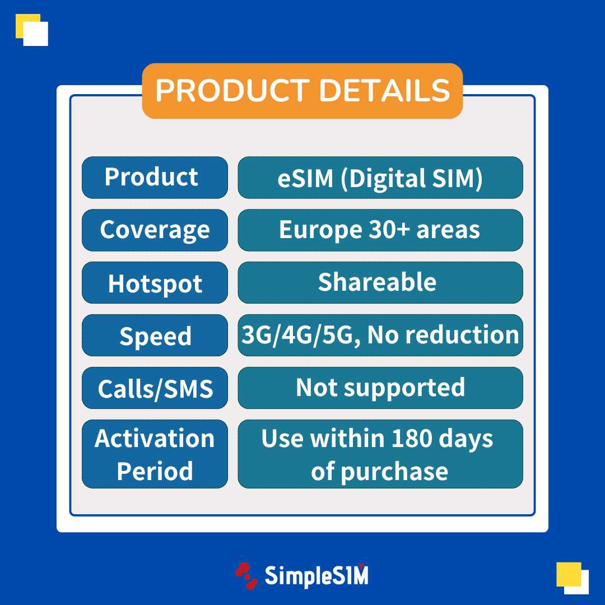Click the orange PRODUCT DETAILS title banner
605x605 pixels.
(302, 91)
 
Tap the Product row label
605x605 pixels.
(155, 178)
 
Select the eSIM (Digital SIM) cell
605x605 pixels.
(380, 178)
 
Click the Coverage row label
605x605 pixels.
(155, 230)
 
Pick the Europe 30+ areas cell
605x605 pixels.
(380, 230)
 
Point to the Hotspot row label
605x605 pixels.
(155, 282)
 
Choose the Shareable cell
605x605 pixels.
(380, 282)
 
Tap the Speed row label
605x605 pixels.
(155, 336)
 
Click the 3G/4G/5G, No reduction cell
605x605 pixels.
(380, 336)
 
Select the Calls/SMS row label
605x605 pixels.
(155, 388)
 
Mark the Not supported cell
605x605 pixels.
(380, 388)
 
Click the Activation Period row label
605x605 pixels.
(155, 454)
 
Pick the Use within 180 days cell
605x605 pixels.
(380, 454)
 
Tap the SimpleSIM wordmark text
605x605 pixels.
(317, 576)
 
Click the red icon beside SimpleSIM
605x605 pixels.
(246, 576)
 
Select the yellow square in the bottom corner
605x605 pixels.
(569, 575)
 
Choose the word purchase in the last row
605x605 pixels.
(394, 472)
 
